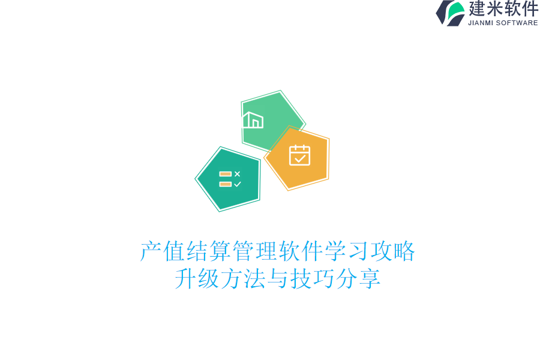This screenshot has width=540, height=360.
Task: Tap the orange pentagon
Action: click(298, 158)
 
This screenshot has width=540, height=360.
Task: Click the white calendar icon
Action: click(299, 155)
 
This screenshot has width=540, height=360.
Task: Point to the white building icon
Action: click(253, 120)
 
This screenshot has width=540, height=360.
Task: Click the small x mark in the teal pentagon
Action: click(237, 174)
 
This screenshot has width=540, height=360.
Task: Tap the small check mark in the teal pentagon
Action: click(237, 184)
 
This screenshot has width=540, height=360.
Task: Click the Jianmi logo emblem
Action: click(451, 13)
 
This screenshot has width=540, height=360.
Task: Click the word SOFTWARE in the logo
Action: click(517, 23)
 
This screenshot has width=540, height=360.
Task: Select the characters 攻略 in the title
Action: click(392, 251)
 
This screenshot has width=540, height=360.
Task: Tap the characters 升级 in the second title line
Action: click(197, 279)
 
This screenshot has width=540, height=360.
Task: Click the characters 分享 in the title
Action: click(358, 279)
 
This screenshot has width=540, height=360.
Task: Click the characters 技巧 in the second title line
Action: click(312, 279)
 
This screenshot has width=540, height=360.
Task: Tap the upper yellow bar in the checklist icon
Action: click(225, 174)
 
